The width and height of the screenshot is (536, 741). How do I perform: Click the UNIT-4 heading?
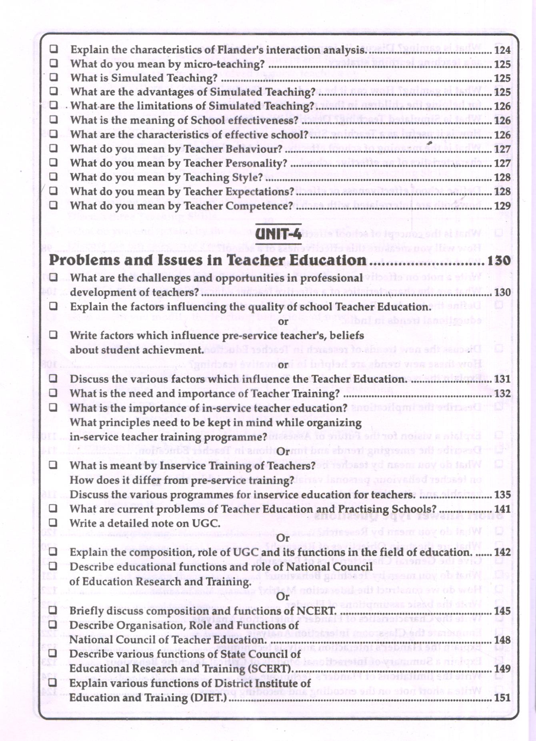click(x=278, y=234)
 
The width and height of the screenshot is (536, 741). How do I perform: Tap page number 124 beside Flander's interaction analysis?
click(x=502, y=50)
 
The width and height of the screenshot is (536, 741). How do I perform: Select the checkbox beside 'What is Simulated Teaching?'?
click(x=54, y=77)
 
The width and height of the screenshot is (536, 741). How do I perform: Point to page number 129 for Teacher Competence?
click(x=502, y=206)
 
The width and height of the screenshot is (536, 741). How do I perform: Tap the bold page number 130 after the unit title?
click(x=499, y=261)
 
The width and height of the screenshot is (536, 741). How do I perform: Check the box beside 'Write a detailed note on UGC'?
click(x=53, y=522)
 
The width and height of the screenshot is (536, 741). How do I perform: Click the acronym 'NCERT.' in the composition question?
click(x=316, y=611)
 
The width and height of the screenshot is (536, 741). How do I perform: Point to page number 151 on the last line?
click(x=502, y=698)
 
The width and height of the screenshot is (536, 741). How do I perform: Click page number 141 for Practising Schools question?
click(x=502, y=509)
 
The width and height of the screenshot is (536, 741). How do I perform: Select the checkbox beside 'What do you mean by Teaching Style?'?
click(x=54, y=177)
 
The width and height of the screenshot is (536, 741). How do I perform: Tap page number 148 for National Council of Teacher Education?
click(x=502, y=640)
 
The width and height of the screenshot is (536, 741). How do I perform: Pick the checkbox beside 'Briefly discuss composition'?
click(x=53, y=610)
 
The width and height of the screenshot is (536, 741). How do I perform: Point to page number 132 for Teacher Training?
click(x=502, y=394)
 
